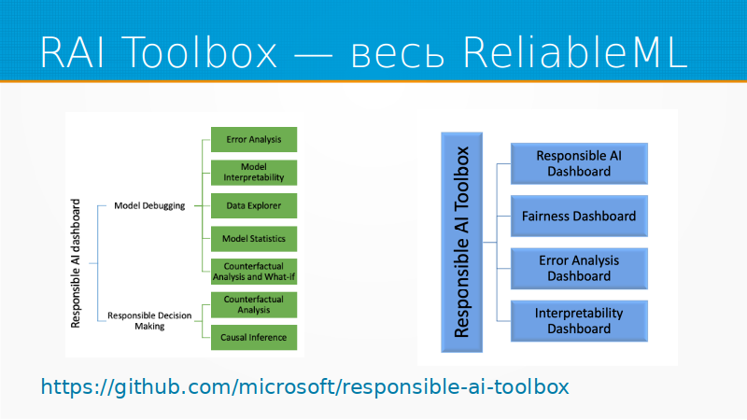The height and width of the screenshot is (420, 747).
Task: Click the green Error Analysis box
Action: [253, 140]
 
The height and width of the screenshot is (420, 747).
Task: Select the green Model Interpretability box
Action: [253, 172]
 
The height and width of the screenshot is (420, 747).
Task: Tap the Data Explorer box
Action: [253, 204]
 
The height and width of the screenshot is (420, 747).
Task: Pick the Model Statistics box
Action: [253, 238]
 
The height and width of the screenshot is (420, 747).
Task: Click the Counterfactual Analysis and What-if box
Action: [253, 272]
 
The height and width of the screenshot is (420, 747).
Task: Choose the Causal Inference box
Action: [253, 337]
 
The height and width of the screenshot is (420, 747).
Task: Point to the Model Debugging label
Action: [149, 205]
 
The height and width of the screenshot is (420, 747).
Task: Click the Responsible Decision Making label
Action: [149, 321]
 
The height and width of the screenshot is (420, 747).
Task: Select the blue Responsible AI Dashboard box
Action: [579, 163]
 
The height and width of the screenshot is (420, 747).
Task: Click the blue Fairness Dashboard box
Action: [579, 216]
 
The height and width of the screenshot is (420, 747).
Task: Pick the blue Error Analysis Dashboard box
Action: [579, 268]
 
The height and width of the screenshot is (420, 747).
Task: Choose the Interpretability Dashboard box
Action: [579, 320]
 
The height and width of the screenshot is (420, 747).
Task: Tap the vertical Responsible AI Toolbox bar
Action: [462, 242]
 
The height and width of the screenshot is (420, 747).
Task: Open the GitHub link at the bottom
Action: [304, 386]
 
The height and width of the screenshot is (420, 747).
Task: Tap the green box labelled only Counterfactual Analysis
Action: [253, 304]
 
